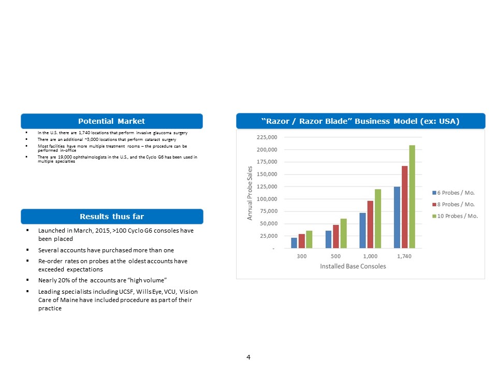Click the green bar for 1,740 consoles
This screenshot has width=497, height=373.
click(x=412, y=197)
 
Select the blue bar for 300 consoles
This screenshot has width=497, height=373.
click(x=294, y=243)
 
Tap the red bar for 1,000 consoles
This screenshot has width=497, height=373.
click(x=370, y=224)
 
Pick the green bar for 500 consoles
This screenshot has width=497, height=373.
click(x=343, y=234)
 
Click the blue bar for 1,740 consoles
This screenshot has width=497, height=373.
click(x=397, y=218)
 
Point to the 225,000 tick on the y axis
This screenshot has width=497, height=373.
click(x=267, y=137)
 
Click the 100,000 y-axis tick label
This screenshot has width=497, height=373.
click(x=267, y=199)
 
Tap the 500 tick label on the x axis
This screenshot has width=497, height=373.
click(x=336, y=256)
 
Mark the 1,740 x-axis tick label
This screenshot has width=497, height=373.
click(x=404, y=256)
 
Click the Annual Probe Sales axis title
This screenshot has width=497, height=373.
click(x=250, y=193)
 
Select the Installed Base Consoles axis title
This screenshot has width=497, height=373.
click(x=353, y=266)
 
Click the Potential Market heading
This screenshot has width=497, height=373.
click(x=111, y=121)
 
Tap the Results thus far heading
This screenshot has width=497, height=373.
click(x=111, y=217)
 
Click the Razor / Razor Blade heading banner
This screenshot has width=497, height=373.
click(x=360, y=121)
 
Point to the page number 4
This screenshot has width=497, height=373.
click(x=248, y=357)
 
